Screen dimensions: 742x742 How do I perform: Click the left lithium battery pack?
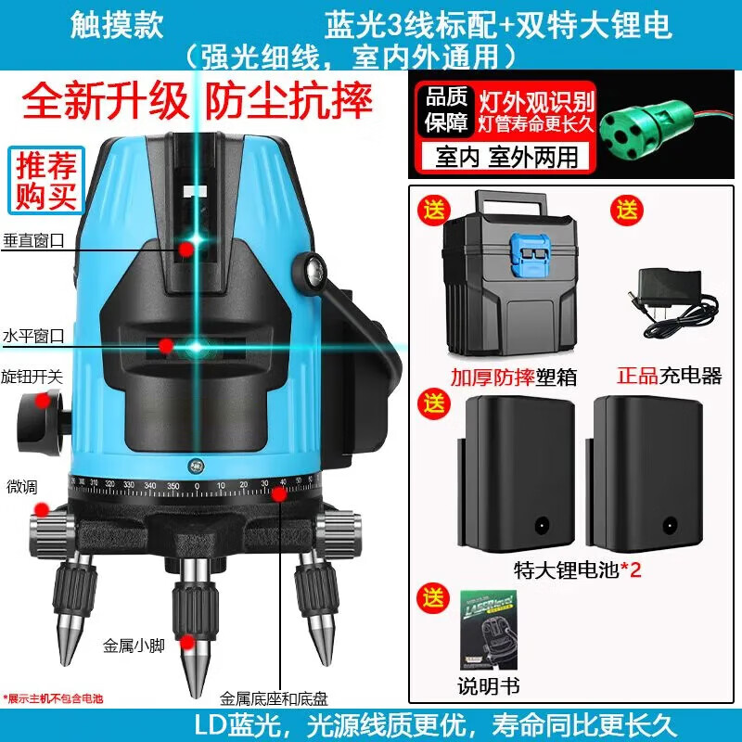pos(508,474)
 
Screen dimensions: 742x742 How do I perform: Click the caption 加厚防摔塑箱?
pos(501,377)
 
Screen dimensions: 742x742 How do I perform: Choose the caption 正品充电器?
pos(669,377)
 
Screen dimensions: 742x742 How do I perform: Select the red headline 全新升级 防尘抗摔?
pos(197,99)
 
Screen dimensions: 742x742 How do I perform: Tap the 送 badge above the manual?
pos(434,595)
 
